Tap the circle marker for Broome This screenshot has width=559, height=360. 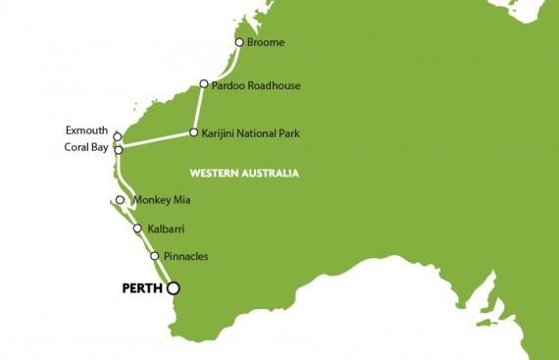pos(238,42)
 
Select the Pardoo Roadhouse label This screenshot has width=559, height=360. pos(257,85)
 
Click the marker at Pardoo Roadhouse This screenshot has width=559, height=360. pos(204,84)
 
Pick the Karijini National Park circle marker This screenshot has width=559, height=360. pos(193,130)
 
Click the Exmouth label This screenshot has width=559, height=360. pos(86,129)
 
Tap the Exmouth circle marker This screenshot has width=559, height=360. pos(117,137)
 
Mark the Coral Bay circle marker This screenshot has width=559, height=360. pos(118,150)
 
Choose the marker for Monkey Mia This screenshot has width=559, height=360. pos(120,200)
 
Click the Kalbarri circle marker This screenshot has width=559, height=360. pos(136,230)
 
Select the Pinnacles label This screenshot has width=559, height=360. pos(185,257)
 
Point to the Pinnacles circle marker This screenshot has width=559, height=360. pos(154,257)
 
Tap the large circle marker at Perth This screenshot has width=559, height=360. pos(174,288)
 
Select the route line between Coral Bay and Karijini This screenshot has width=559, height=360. pos(155,140)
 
